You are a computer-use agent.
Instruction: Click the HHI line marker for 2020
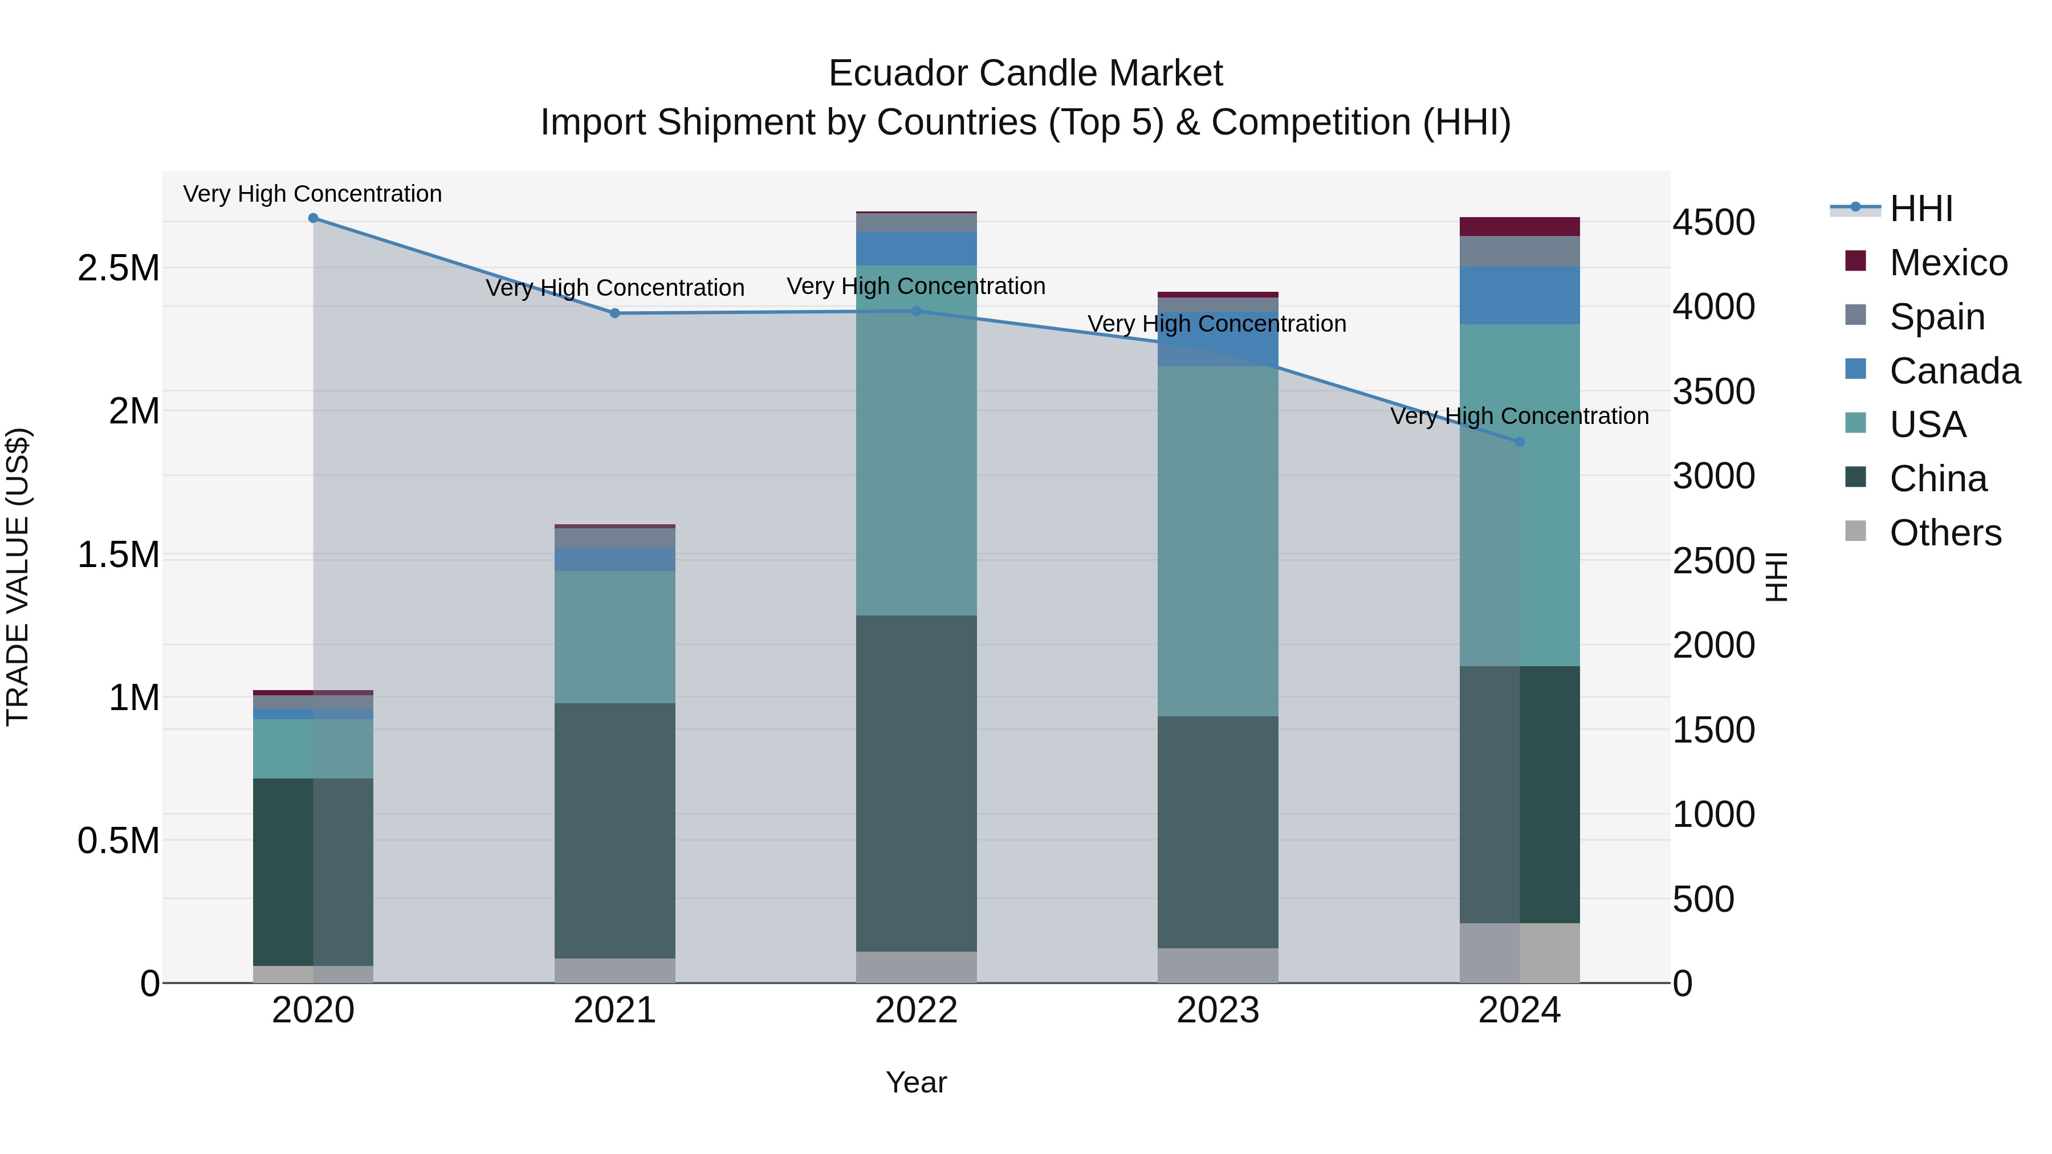click(x=313, y=218)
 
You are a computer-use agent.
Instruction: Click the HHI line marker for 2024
click(x=1519, y=442)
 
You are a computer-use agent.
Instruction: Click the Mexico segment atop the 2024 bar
click(x=1519, y=226)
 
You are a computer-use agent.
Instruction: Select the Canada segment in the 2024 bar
click(x=1519, y=295)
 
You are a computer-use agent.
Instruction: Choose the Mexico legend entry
click(x=1948, y=263)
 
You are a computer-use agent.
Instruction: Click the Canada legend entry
click(x=1954, y=371)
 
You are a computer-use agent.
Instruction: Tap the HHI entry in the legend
click(x=1920, y=209)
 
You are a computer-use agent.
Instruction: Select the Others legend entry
click(x=1944, y=533)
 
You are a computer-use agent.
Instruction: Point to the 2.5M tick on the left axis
click(x=118, y=268)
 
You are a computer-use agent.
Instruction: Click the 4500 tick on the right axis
click(x=1713, y=222)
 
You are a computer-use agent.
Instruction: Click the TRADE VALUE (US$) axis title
click(x=18, y=577)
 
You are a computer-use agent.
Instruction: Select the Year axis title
click(x=916, y=1082)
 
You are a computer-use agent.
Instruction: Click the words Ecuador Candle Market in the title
click(x=1025, y=74)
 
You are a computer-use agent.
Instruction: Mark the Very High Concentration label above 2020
click(x=312, y=194)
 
